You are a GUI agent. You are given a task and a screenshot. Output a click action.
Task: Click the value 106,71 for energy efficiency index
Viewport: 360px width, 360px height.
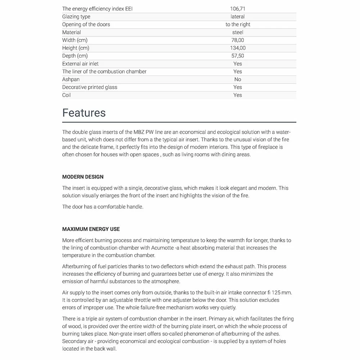tap(238, 9)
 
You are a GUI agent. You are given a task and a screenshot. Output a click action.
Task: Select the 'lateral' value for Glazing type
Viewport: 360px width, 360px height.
tap(238, 17)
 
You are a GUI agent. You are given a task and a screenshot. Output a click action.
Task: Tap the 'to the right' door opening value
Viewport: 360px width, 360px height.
tap(238, 24)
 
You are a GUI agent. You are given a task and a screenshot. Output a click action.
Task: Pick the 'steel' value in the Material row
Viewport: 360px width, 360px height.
tap(238, 32)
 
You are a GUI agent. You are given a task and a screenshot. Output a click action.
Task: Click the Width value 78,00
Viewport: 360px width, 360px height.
tap(238, 40)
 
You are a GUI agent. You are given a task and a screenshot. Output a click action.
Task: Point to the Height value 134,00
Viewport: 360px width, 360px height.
tap(238, 48)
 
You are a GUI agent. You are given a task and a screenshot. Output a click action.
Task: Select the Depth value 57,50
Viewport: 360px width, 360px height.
tap(238, 56)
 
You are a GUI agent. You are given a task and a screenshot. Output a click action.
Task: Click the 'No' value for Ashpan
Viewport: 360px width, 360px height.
tap(238, 79)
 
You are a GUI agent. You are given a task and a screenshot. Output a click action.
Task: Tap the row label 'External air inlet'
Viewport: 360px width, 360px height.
tap(80, 64)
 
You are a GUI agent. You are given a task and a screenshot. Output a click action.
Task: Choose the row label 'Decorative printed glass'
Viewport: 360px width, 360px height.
tap(90, 87)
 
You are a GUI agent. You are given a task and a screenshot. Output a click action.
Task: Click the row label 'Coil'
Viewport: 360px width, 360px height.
tap(67, 95)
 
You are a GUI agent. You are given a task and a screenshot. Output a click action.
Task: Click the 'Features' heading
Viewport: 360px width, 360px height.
tap(84, 113)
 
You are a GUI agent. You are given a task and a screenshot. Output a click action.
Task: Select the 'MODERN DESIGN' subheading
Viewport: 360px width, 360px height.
tap(83, 177)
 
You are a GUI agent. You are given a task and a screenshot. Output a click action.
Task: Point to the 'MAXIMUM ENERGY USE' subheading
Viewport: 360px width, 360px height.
tap(91, 229)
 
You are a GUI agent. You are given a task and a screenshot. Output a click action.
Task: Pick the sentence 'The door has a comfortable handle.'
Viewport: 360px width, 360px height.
tap(103, 207)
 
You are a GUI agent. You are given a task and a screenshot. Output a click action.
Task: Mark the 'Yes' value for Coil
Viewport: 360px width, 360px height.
tap(238, 95)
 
